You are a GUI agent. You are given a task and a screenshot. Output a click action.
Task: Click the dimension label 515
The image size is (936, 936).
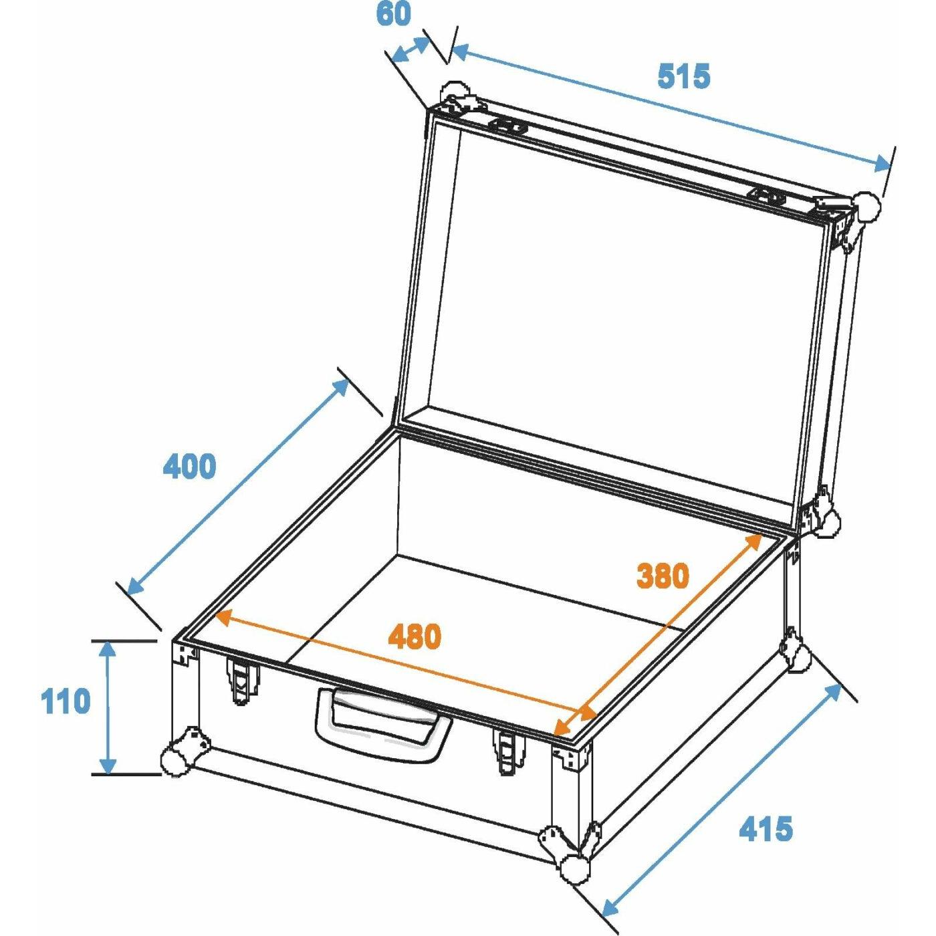pyautogui.click(x=683, y=76)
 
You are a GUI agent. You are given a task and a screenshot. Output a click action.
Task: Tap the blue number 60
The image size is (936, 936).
pyautogui.click(x=393, y=14)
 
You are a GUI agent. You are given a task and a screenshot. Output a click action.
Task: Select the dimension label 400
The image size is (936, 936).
pyautogui.click(x=189, y=466)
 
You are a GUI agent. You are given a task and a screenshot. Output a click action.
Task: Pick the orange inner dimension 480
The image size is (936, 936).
pyautogui.click(x=415, y=636)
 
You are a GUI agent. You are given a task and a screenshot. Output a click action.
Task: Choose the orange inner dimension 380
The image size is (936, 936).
pyautogui.click(x=663, y=575)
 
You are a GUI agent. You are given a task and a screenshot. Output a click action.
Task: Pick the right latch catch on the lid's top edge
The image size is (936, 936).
pyautogui.click(x=770, y=197)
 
